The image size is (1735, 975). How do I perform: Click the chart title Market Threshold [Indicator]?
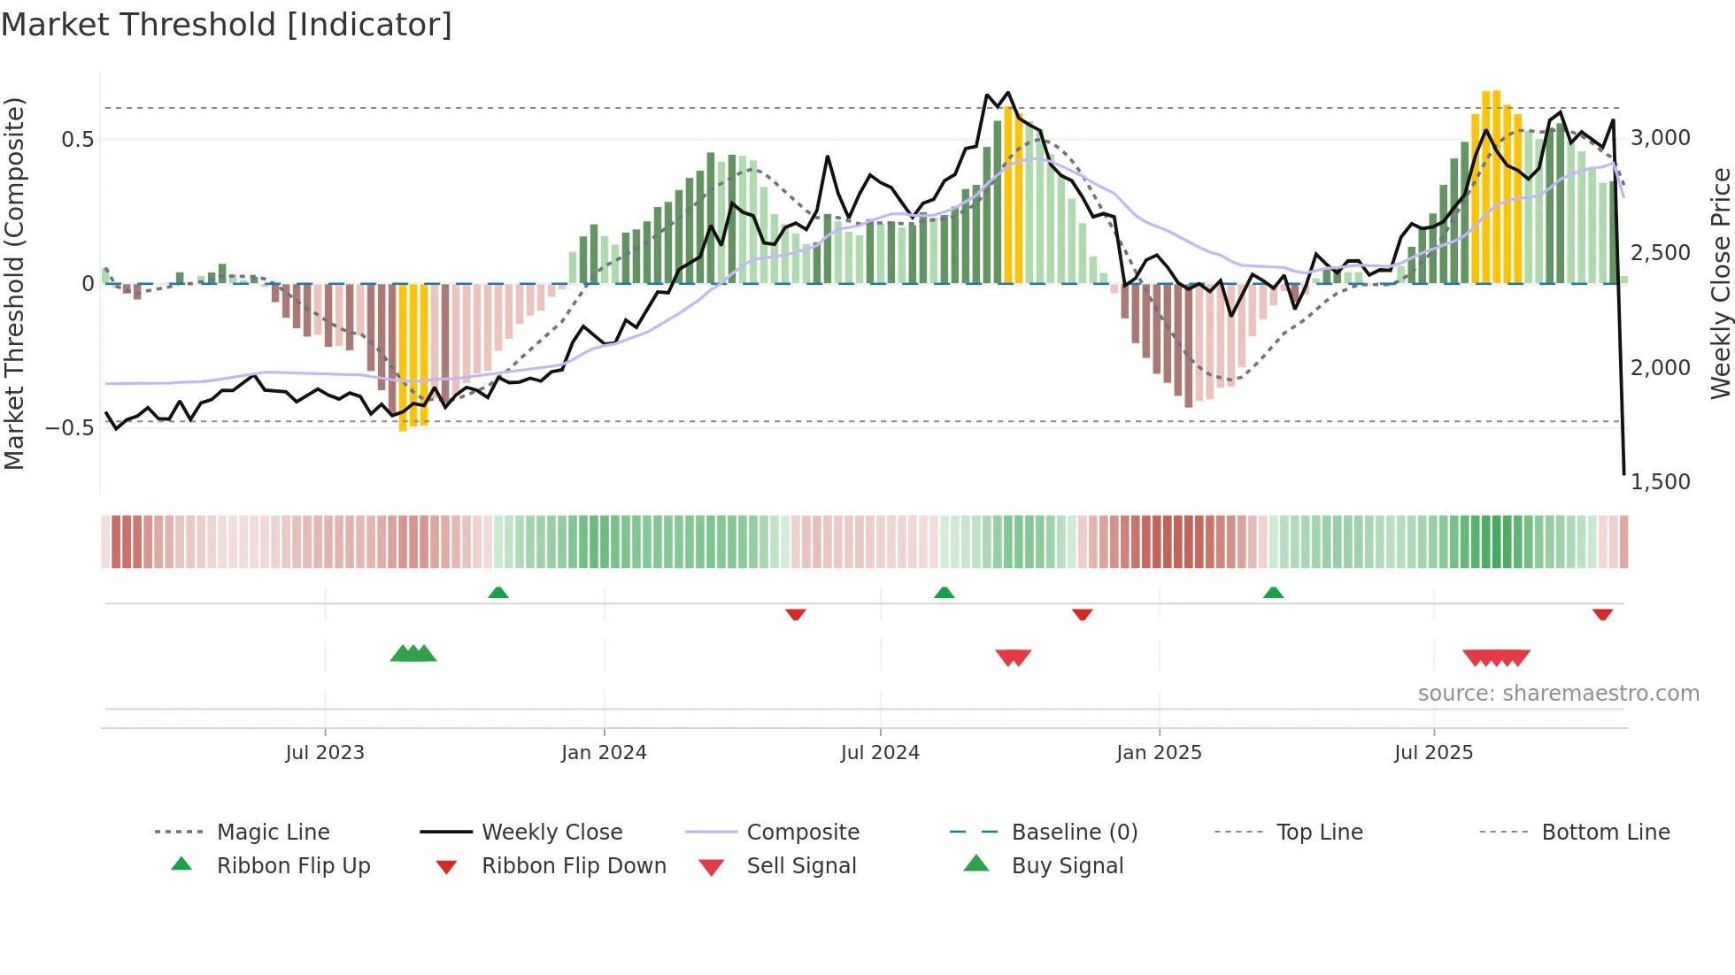(x=227, y=25)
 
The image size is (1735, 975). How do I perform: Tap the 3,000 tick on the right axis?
(x=1660, y=138)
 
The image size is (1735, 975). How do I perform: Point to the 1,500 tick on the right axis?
(x=1660, y=482)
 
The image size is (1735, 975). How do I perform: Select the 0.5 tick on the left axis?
(x=77, y=140)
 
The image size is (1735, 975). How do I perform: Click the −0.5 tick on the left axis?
(x=70, y=428)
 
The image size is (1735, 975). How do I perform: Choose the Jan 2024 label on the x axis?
(x=604, y=753)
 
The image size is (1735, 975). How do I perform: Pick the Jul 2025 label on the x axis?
(x=1433, y=753)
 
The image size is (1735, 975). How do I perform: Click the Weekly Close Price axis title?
(x=1720, y=283)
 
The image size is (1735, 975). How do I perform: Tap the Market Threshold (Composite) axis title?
(x=14, y=283)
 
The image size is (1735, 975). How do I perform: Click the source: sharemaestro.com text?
(x=1558, y=694)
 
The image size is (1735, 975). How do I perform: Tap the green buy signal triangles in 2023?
(x=413, y=654)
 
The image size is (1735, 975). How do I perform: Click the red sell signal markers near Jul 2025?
(x=1496, y=657)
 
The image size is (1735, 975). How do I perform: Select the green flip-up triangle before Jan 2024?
(x=498, y=593)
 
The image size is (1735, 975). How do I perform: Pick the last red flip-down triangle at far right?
(x=1602, y=614)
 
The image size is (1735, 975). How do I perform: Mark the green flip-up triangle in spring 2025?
(x=1273, y=593)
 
